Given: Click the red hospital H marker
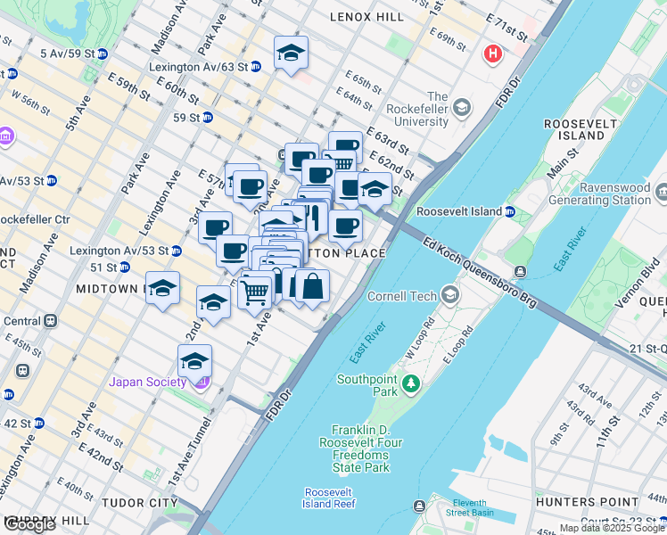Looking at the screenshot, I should point(492,55).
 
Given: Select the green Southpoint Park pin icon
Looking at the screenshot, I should point(410,384).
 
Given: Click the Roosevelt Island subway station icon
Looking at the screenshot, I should point(509,212).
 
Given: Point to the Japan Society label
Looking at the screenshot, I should point(148,383).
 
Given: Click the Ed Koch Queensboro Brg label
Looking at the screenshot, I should point(480,274).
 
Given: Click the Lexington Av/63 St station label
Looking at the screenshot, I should point(198,67).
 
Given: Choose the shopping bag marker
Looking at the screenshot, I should point(312,288).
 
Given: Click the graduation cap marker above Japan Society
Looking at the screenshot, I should point(194,362).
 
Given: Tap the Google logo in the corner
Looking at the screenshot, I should point(29,524).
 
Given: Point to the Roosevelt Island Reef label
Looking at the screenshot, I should point(329,498).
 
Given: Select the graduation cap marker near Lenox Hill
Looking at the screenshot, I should point(291,54).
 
